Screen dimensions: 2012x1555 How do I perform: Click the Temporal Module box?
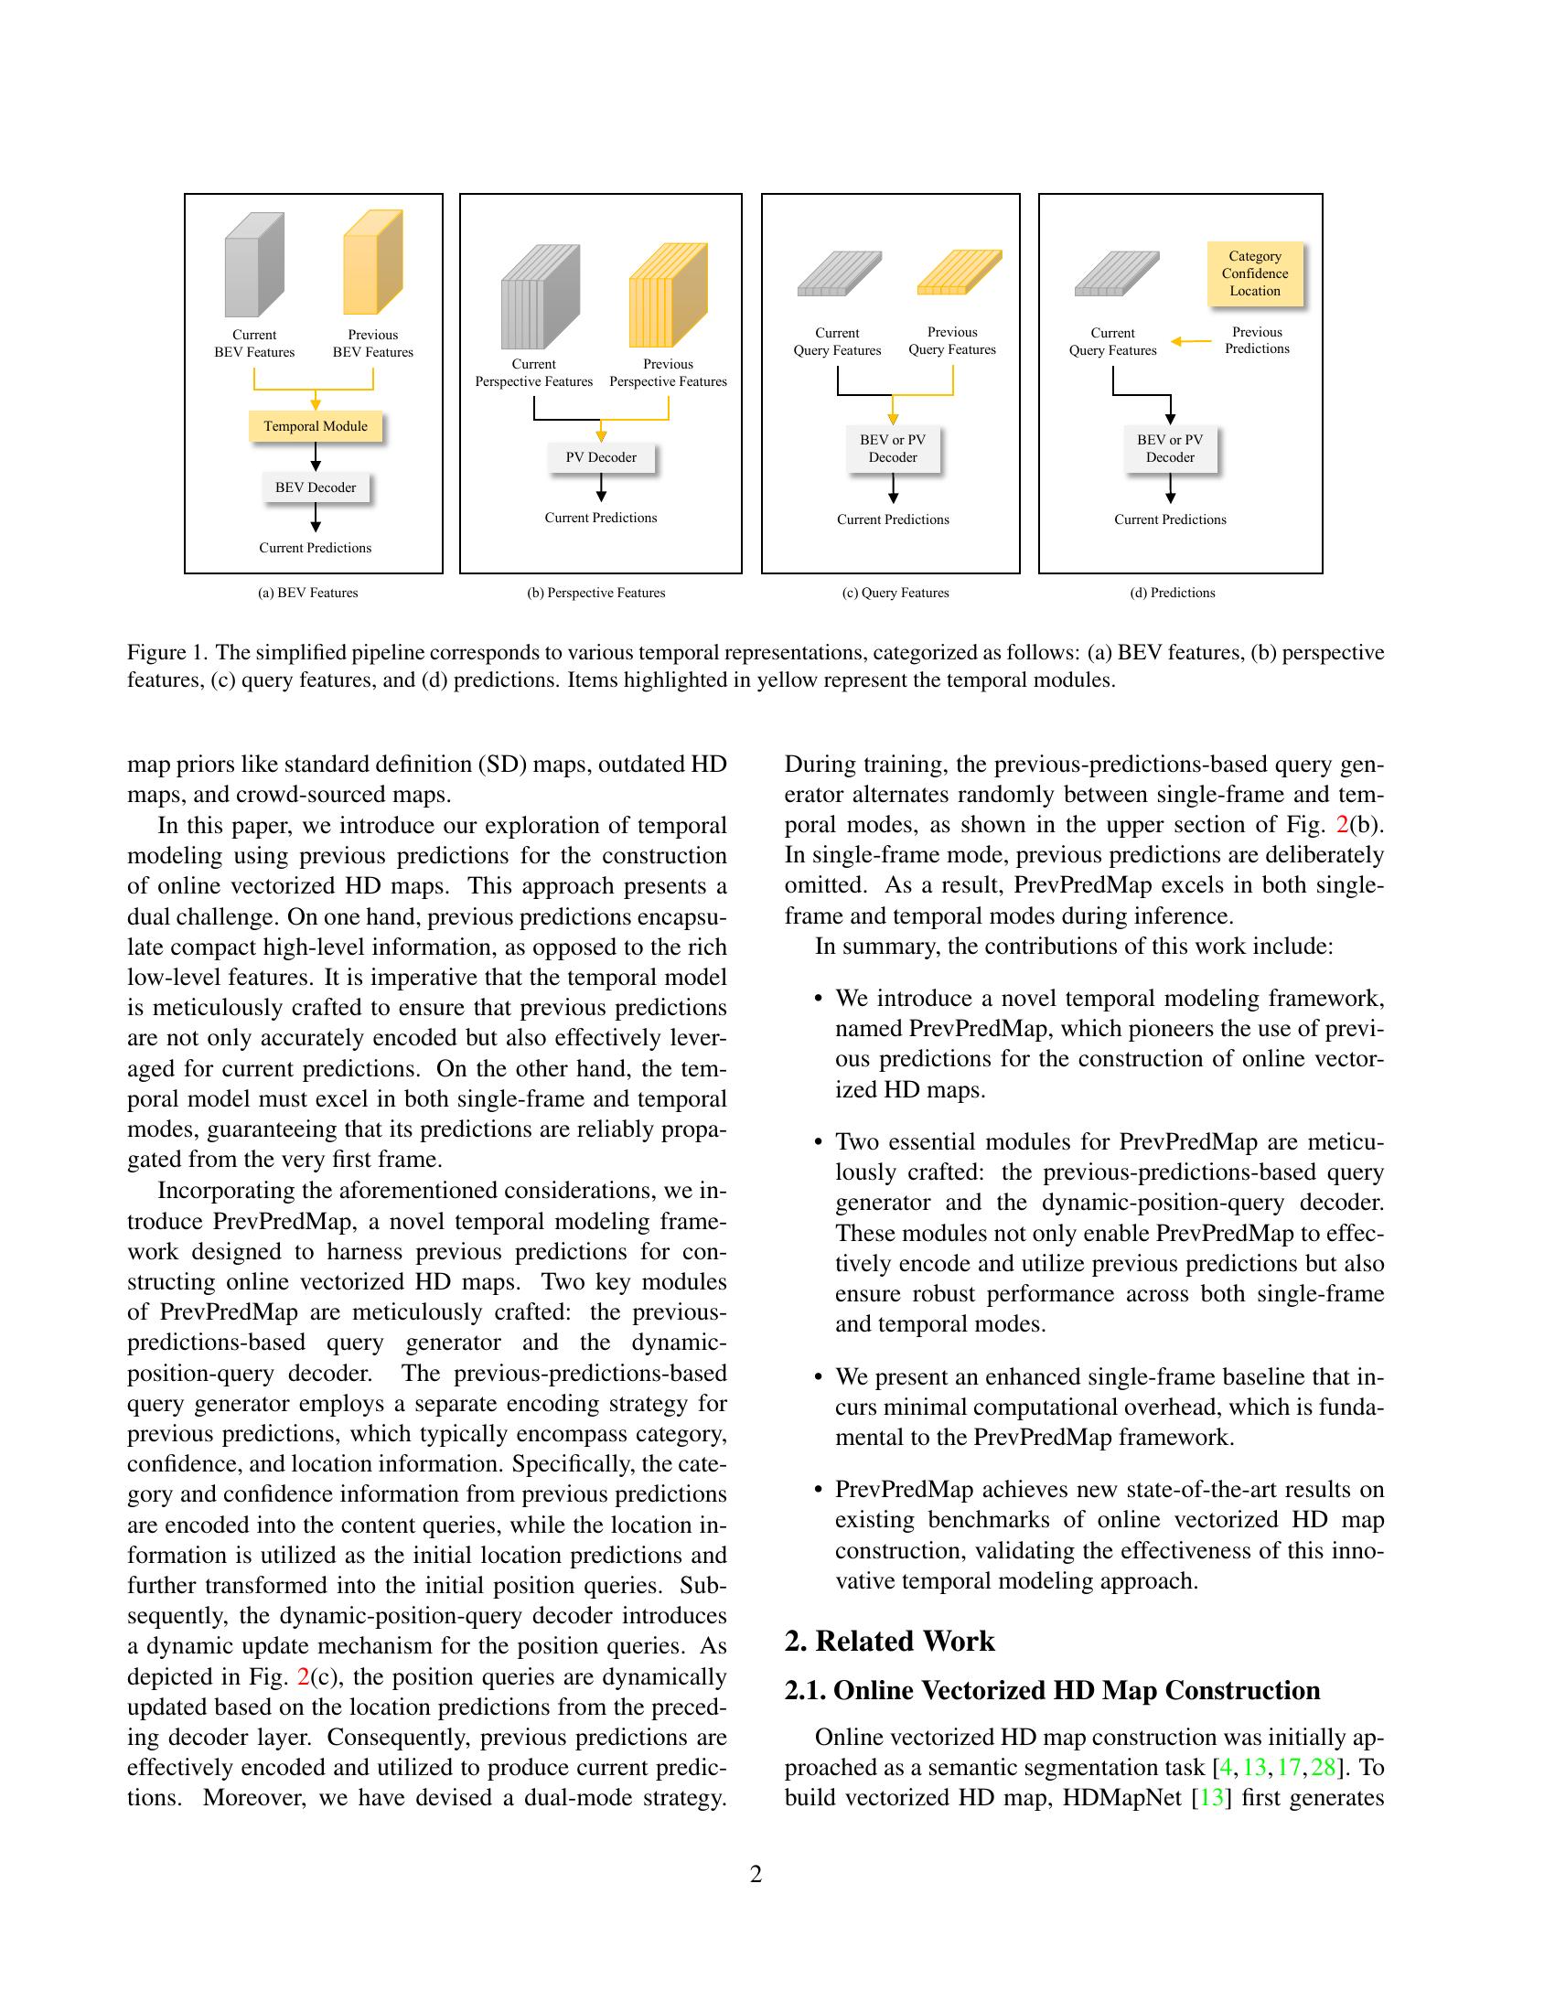315,425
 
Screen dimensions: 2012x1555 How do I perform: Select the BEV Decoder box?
315,487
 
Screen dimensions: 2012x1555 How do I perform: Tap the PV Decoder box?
601,457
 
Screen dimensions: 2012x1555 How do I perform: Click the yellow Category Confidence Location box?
1255,273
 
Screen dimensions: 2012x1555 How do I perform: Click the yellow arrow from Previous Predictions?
1191,342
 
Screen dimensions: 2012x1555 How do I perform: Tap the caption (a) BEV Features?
307,593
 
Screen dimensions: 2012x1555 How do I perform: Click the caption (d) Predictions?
1172,593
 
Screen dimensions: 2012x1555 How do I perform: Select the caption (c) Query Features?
895,593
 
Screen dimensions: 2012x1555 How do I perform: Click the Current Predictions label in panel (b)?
601,518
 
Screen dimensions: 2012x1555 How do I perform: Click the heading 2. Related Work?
889,1641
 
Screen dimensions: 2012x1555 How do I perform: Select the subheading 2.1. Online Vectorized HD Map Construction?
1052,1690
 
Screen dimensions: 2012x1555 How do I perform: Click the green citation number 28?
1323,1767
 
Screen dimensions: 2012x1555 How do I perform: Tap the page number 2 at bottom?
756,1874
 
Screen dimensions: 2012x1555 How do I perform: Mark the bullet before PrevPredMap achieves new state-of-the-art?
818,1490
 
